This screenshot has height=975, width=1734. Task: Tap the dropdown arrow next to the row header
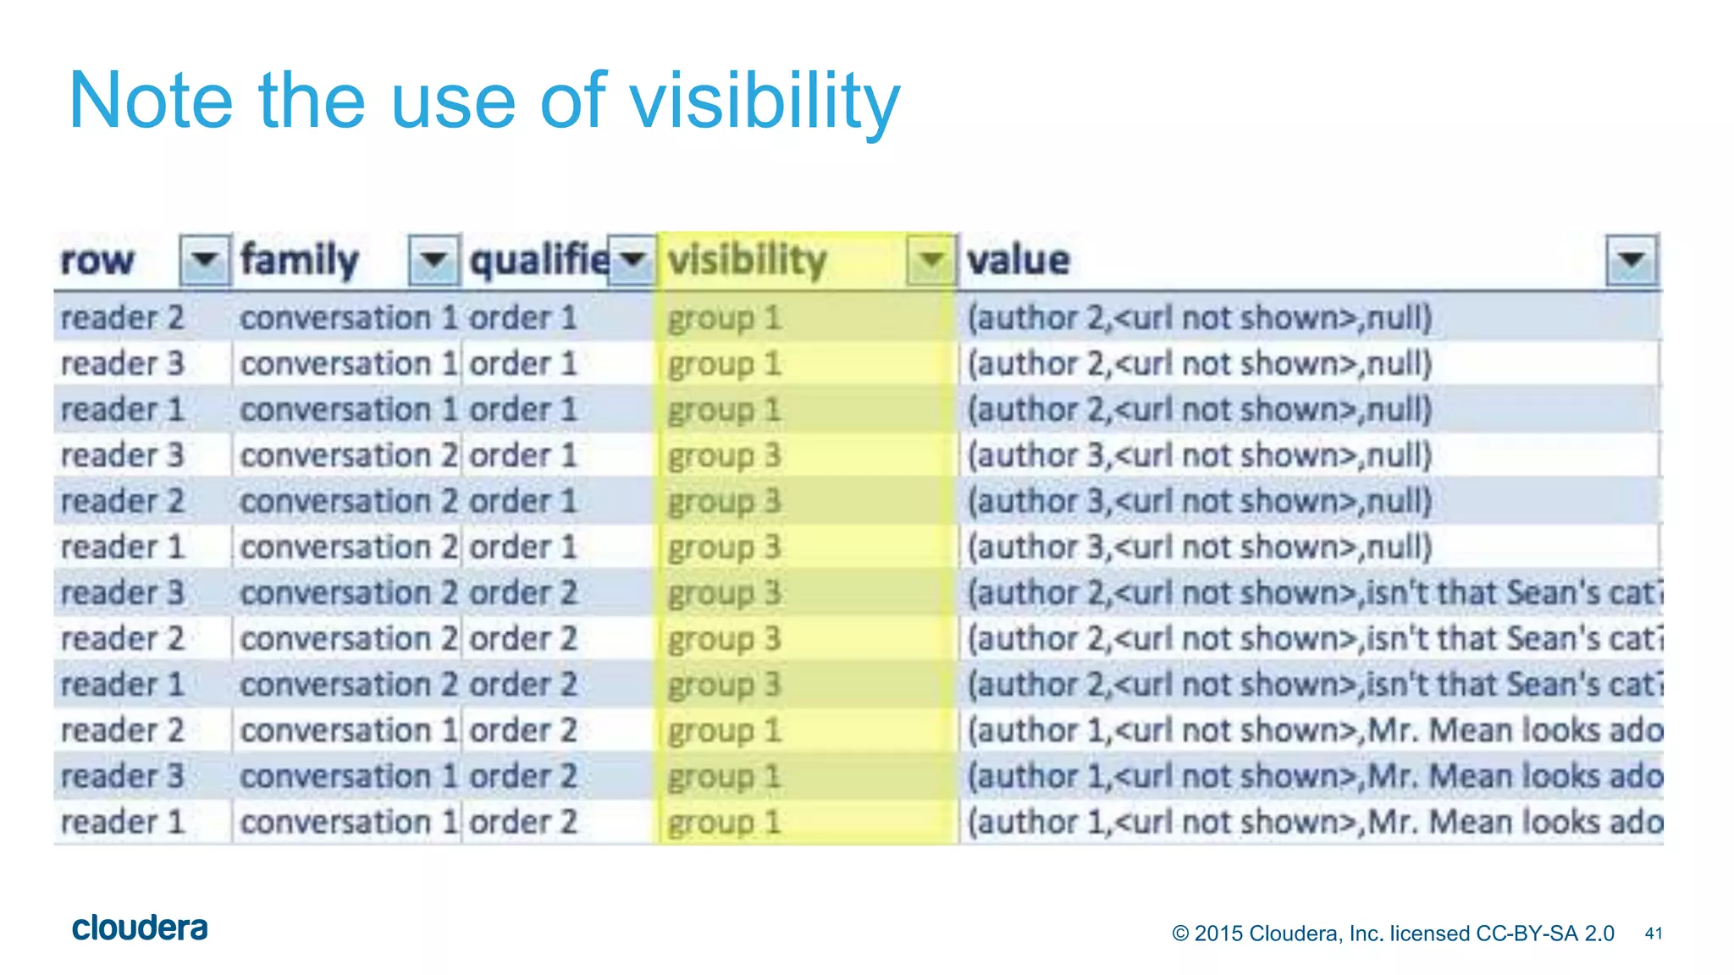click(x=205, y=259)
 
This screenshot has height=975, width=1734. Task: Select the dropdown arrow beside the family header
click(x=433, y=259)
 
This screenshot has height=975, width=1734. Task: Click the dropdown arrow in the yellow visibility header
click(x=931, y=259)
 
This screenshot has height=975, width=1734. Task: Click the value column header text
click(x=1019, y=260)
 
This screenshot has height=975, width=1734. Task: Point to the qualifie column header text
click(x=539, y=260)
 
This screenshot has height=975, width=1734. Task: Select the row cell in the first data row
click(x=122, y=318)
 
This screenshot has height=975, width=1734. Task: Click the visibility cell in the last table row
click(x=724, y=823)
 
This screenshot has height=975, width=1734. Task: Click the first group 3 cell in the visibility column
click(x=724, y=456)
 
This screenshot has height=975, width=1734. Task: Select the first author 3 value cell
click(x=1199, y=456)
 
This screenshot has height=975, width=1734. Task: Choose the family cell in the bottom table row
click(x=348, y=823)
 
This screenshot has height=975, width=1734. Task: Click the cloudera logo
click(x=140, y=928)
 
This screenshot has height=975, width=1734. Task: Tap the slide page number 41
click(x=1653, y=934)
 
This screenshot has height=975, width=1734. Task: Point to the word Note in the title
click(x=150, y=102)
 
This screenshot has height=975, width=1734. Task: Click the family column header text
click(x=300, y=260)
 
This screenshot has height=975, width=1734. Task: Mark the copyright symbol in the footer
click(x=1180, y=934)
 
